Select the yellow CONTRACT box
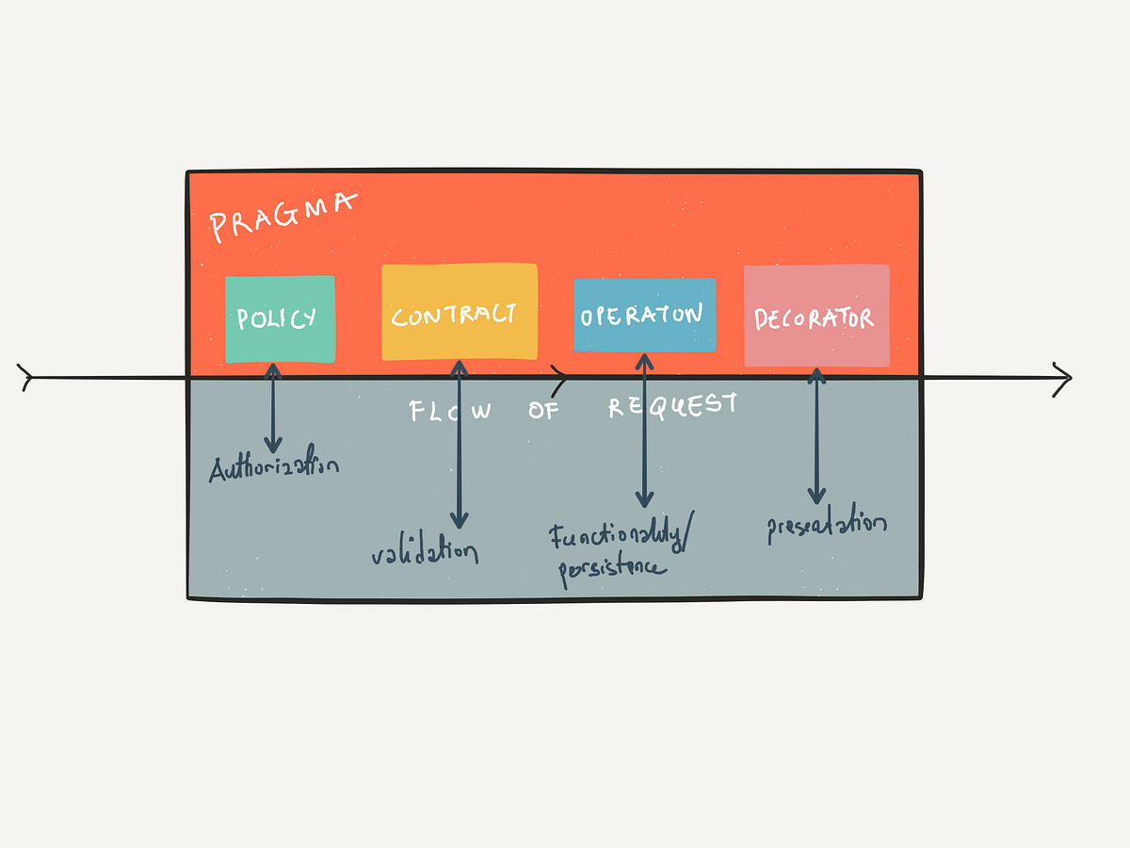[459, 312]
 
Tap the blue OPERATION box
[644, 315]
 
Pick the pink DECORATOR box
[816, 317]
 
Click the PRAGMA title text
[282, 214]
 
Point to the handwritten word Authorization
[273, 467]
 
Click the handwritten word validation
[425, 552]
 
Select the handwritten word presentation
[827, 527]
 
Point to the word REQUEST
[672, 406]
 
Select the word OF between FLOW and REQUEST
[543, 410]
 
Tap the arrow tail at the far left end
[26, 379]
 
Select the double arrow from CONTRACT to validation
[459, 443]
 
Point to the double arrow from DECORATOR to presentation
[816, 435]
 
